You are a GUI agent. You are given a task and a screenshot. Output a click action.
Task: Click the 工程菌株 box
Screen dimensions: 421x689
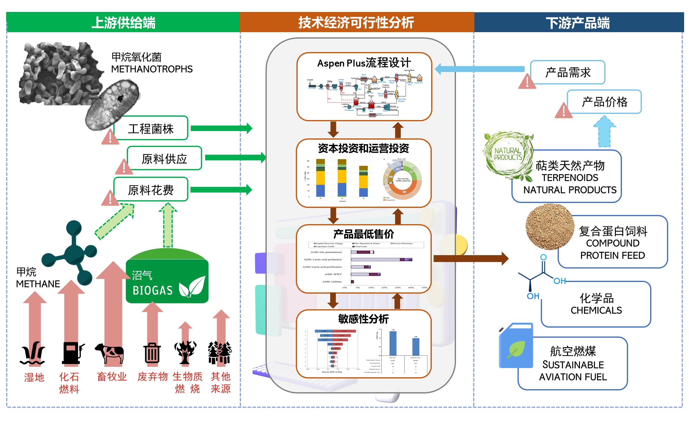click(151, 128)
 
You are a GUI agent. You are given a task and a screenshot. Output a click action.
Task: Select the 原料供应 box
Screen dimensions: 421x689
click(164, 158)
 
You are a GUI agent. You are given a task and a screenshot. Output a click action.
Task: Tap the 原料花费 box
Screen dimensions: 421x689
click(151, 190)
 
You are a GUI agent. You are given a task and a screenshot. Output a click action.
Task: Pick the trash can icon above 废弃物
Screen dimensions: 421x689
click(152, 353)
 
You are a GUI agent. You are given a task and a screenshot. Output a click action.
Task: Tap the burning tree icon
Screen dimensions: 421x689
click(185, 352)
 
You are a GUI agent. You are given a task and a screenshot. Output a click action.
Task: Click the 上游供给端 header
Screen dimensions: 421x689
click(123, 23)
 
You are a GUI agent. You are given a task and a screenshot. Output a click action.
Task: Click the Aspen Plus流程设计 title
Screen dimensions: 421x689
click(364, 63)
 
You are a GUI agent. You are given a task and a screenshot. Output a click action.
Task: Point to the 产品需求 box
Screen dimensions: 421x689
click(568, 73)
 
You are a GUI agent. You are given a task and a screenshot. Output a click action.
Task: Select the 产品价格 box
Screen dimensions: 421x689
click(604, 102)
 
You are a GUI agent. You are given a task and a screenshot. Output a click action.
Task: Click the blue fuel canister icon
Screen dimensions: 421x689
click(516, 346)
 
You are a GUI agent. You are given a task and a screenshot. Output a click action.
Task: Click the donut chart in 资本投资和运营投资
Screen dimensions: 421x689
click(402, 179)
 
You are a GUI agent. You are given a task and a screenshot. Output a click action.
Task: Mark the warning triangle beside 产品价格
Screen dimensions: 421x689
click(563, 111)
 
